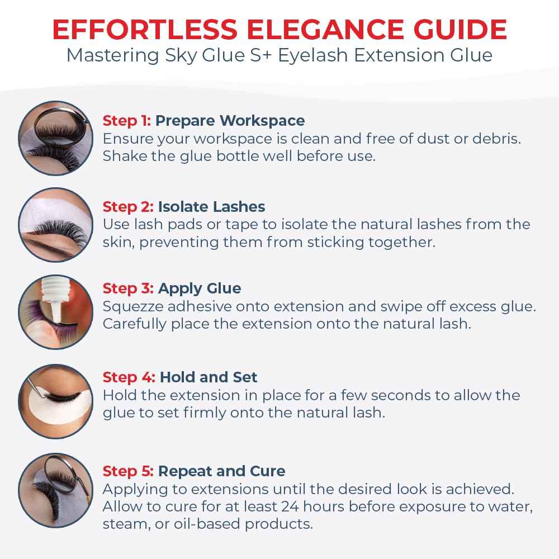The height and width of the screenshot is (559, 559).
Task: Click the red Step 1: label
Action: point(127,121)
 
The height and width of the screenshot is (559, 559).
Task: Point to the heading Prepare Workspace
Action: point(230,121)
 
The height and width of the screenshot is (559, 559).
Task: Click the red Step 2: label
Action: point(128,207)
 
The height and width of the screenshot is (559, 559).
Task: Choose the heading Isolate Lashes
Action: point(211,207)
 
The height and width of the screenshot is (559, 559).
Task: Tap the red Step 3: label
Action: point(128,288)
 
